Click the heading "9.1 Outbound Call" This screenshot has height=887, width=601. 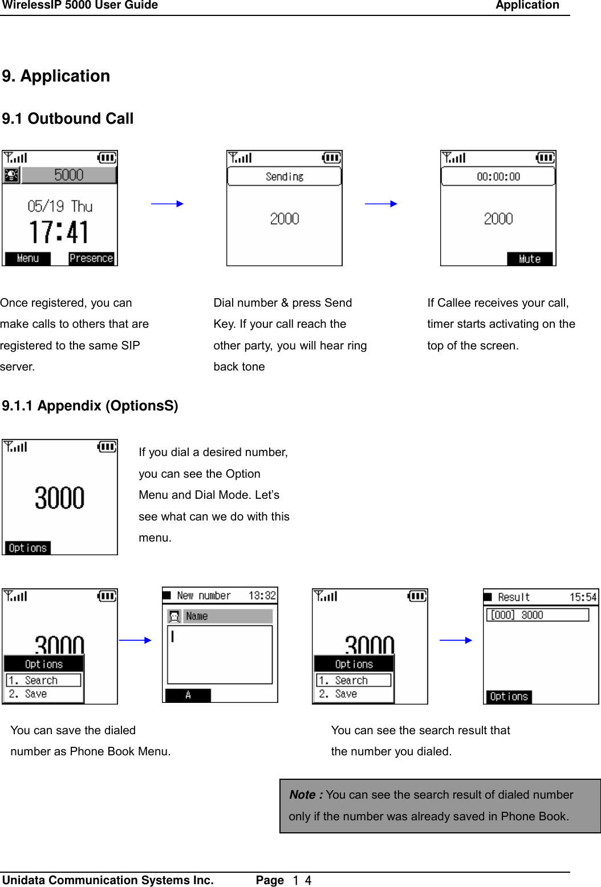pyautogui.click(x=67, y=119)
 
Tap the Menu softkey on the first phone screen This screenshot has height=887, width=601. pyautogui.click(x=27, y=259)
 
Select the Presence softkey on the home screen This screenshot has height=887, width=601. pyautogui.click(x=91, y=259)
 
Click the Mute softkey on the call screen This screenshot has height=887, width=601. pyautogui.click(x=529, y=259)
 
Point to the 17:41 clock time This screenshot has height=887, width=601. pyautogui.click(x=59, y=233)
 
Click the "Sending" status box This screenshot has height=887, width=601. pyautogui.click(x=284, y=177)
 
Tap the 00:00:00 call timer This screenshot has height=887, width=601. pyautogui.click(x=498, y=177)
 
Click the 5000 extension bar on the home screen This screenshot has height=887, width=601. pyautogui.click(x=68, y=175)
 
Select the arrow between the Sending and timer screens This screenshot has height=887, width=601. pyautogui.click(x=381, y=204)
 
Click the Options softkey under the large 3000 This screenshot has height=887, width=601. pyautogui.click(x=27, y=548)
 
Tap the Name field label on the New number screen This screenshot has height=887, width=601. pyautogui.click(x=197, y=616)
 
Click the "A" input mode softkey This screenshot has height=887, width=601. pyautogui.click(x=188, y=695)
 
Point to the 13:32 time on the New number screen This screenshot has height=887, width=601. pyautogui.click(x=262, y=596)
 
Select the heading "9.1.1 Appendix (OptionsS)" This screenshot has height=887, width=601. pyautogui.click(x=90, y=406)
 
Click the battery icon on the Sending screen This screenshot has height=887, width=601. pyautogui.click(x=331, y=157)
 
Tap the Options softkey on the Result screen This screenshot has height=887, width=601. pyautogui.click(x=509, y=697)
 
